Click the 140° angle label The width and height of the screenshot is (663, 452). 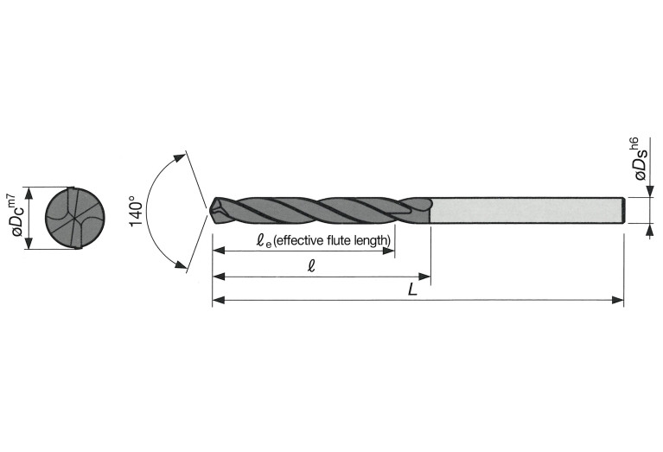135,209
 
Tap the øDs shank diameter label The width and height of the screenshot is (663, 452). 641,163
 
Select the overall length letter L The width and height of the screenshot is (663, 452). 413,290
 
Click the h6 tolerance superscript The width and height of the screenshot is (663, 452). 635,142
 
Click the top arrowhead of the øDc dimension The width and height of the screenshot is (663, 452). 29,192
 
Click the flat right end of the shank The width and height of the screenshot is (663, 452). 624,210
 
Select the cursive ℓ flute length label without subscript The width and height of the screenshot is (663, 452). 311,265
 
